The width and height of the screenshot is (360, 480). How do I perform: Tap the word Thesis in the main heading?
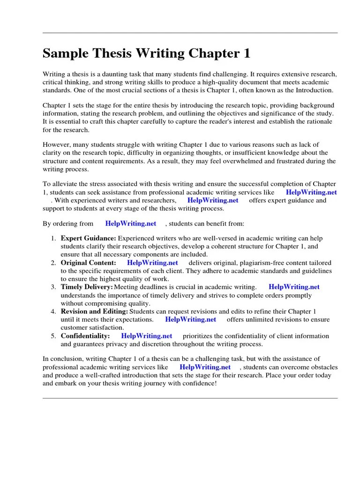[x=115, y=54]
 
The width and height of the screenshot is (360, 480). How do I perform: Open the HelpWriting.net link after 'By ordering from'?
[x=130, y=224]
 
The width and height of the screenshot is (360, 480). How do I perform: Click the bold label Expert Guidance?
[x=88, y=239]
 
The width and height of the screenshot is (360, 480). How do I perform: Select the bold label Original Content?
[x=88, y=263]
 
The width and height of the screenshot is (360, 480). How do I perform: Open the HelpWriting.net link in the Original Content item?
[x=152, y=263]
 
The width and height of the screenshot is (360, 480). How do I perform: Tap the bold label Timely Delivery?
[x=87, y=287]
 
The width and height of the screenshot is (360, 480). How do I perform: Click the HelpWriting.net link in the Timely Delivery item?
[x=294, y=287]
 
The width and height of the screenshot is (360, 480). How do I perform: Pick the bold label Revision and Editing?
[x=94, y=311]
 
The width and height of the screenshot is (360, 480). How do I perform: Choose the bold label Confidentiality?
[x=85, y=336]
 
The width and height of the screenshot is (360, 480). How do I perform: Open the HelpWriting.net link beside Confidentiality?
[x=147, y=336]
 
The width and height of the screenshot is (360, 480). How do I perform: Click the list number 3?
[x=53, y=287]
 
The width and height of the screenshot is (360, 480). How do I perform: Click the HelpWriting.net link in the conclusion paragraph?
[x=205, y=367]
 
